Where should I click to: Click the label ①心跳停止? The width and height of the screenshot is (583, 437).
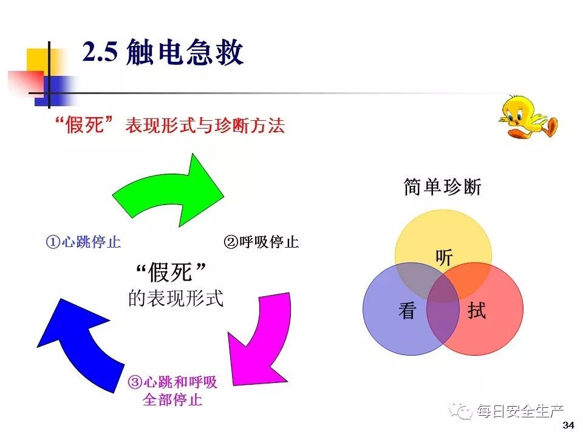pos(83,242)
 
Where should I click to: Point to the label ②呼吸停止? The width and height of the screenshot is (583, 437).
pos(261,242)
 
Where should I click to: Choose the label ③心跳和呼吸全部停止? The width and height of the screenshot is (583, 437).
pos(172,391)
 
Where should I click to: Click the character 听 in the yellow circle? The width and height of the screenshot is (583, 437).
pos(444,258)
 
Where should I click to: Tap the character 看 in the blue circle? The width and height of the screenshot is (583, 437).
pos(407,311)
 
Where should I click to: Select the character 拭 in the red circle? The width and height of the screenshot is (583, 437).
pos(477,311)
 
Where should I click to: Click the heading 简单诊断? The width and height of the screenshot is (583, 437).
pos(442,188)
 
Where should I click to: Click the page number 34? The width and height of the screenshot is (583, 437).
pos(568,424)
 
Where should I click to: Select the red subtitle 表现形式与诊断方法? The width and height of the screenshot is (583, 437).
pos(205,126)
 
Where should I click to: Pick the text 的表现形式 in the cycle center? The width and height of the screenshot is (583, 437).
pos(176,299)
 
